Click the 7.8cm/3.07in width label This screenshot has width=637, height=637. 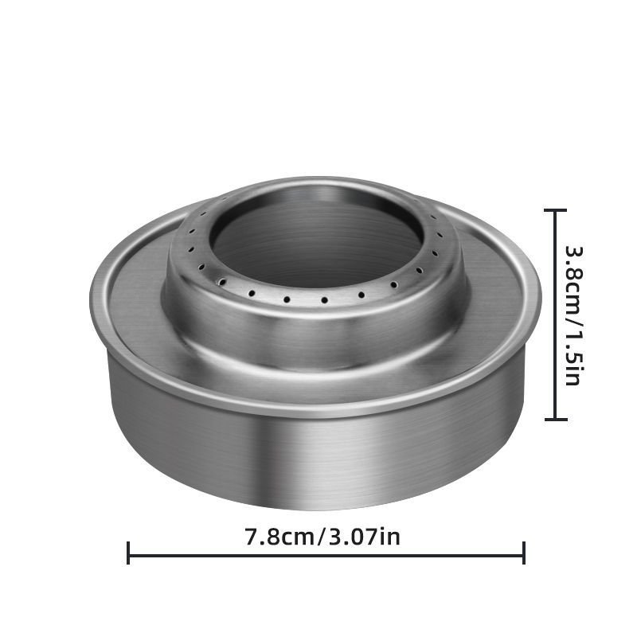322,536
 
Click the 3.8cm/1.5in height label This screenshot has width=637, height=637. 574,315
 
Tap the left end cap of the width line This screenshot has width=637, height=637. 128,553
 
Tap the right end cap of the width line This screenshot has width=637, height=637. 524,553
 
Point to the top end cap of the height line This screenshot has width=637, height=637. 555,210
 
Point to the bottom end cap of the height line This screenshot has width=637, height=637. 555,419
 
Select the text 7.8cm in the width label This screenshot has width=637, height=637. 279,536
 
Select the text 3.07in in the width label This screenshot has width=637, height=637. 365,536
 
